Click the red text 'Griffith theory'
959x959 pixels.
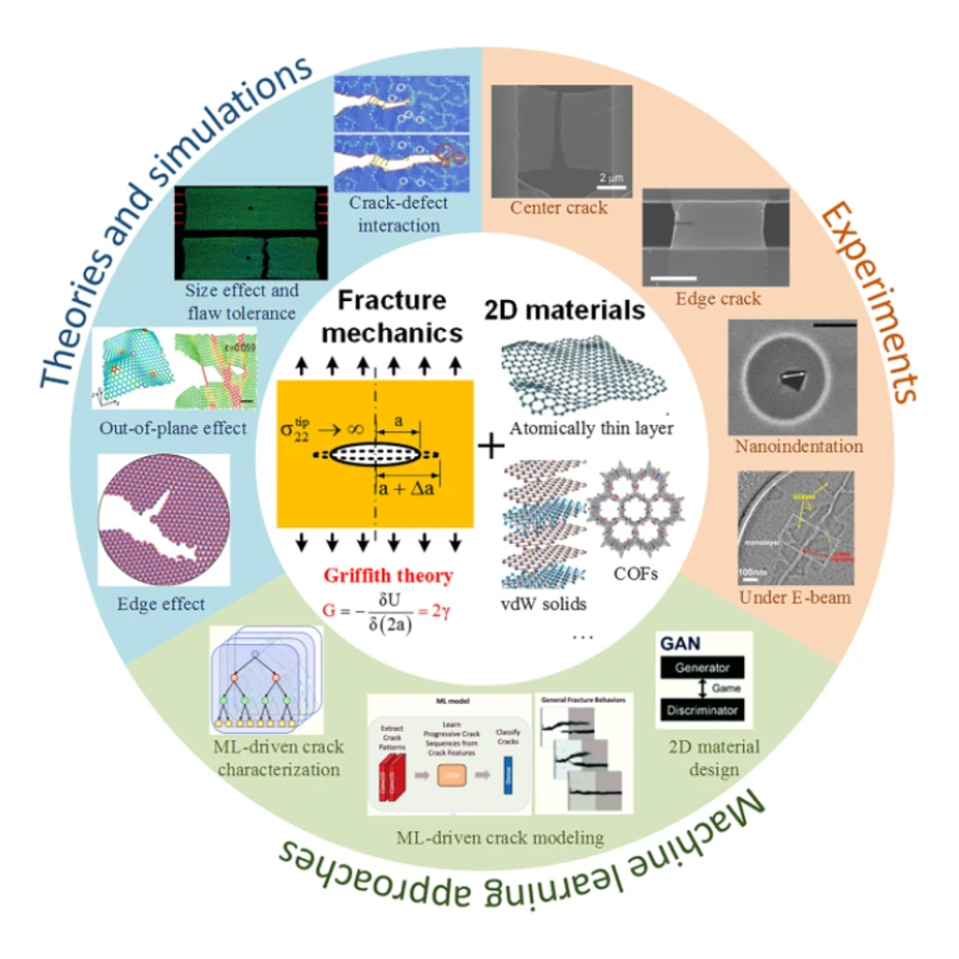pyautogui.click(x=388, y=577)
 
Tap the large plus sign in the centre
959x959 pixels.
pyautogui.click(x=489, y=448)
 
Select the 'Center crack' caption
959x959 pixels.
pyautogui.click(x=559, y=208)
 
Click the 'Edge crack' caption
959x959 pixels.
pyautogui.click(x=718, y=299)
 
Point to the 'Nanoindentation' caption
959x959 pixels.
pyautogui.click(x=798, y=446)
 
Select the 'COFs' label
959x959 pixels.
pyautogui.click(x=637, y=573)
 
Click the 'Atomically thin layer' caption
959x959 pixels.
pyautogui.click(x=591, y=429)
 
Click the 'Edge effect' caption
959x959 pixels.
pyautogui.click(x=162, y=604)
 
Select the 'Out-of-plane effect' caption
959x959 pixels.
pyautogui.click(x=172, y=429)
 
